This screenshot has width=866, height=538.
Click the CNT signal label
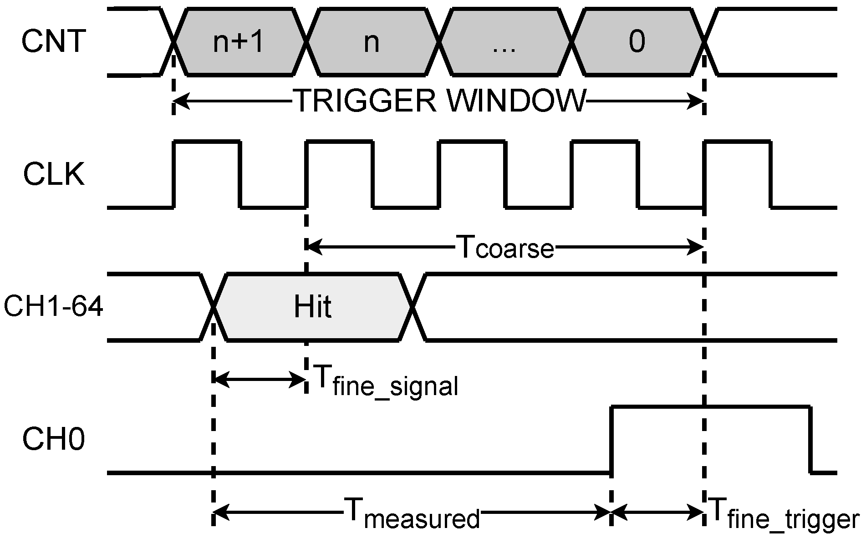(53, 41)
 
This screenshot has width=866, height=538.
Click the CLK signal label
(54, 175)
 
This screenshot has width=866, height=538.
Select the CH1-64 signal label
(53, 308)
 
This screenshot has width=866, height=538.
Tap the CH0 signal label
(54, 440)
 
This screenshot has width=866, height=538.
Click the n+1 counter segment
(239, 42)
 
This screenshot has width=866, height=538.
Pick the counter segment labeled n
(372, 42)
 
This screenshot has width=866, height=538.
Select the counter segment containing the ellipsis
(504, 42)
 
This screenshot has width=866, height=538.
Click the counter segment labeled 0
(637, 42)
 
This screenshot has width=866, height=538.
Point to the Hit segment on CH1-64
(312, 307)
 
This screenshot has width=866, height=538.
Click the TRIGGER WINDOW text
(440, 101)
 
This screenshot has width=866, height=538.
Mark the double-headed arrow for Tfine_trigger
(657, 513)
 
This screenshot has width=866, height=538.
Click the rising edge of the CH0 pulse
(611, 440)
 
